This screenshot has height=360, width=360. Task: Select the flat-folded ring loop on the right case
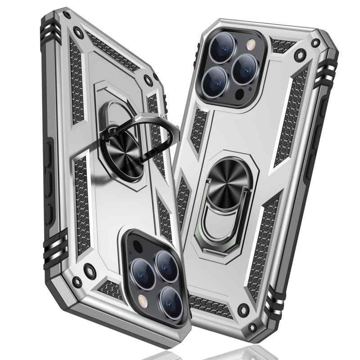coord(216,216)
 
